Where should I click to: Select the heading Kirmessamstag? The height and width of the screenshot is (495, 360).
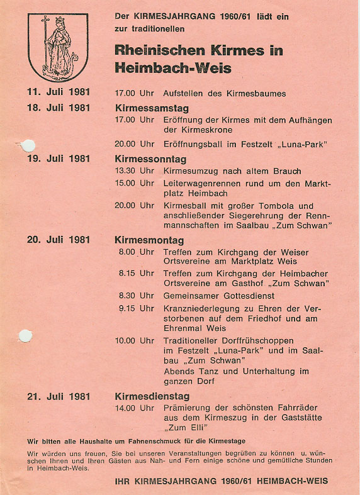point(152,108)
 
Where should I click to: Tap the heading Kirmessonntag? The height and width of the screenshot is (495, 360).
point(150,159)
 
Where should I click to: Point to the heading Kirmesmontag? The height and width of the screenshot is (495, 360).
point(149,240)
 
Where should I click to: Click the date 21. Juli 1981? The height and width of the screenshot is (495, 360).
point(59,396)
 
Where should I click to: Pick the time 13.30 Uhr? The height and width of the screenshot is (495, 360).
point(134,171)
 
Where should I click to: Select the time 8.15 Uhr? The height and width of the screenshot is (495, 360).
point(136,274)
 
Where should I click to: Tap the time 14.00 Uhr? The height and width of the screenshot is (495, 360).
point(134,408)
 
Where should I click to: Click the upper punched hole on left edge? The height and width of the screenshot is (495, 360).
point(28,146)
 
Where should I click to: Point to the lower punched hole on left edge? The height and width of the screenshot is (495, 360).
point(25,336)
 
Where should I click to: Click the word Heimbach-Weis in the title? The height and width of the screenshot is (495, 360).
point(173,68)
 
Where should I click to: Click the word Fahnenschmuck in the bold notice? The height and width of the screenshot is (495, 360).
point(133,441)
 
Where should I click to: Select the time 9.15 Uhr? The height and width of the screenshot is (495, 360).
point(136,308)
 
